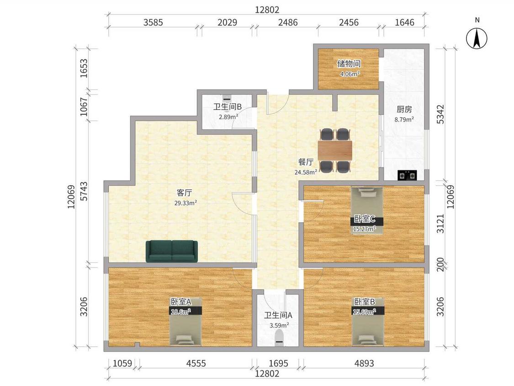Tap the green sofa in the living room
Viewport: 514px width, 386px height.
click(x=172, y=252)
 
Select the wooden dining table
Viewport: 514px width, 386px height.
click(x=335, y=150)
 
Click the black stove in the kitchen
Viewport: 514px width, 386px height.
click(x=407, y=175)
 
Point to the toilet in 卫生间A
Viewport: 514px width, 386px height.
click(x=279, y=338)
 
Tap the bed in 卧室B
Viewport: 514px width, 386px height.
click(x=368, y=322)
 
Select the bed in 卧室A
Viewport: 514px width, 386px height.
click(x=185, y=322)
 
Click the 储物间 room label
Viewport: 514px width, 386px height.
click(x=349, y=64)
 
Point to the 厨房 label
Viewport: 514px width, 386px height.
click(x=404, y=109)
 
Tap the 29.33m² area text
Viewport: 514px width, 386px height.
click(x=185, y=203)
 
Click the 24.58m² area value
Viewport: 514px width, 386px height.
click(x=306, y=172)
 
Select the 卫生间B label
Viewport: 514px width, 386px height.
click(x=228, y=107)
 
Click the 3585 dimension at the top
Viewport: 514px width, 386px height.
click(x=153, y=22)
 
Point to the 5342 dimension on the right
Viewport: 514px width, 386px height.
click(x=440, y=114)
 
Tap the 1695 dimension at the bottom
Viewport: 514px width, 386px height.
click(x=278, y=363)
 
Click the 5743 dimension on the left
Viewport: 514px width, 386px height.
click(x=84, y=191)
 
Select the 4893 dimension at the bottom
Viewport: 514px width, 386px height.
click(x=364, y=363)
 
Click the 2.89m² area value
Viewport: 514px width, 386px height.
click(x=228, y=117)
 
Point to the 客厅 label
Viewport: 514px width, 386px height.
click(x=184, y=193)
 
